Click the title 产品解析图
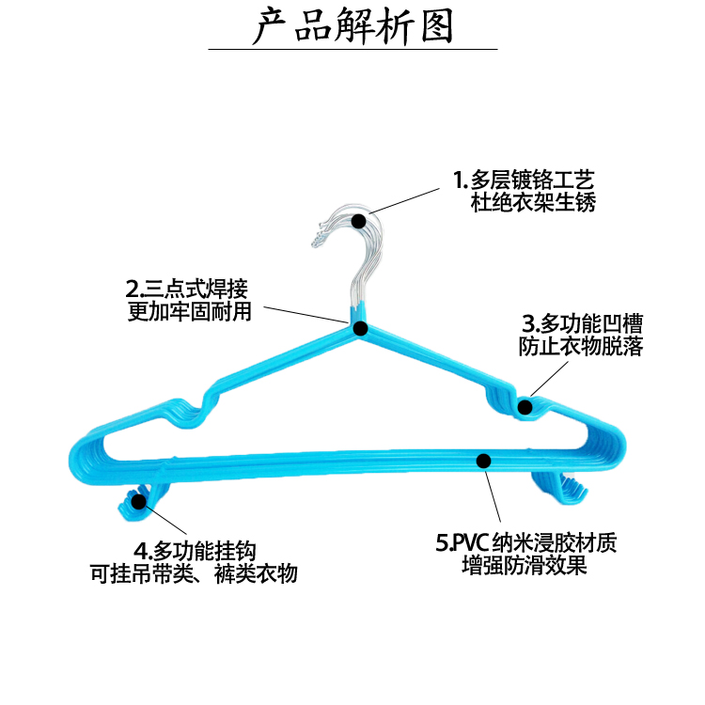[352, 27]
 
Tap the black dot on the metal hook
[359, 221]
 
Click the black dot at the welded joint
[360, 328]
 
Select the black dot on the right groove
[525, 407]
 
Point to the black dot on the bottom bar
[484, 461]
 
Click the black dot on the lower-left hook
[139, 502]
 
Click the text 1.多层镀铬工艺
[524, 180]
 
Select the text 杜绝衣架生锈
[533, 202]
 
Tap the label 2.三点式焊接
[187, 288]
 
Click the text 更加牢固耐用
[190, 311]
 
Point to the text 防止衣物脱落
[582, 347]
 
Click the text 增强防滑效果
[525, 567]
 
